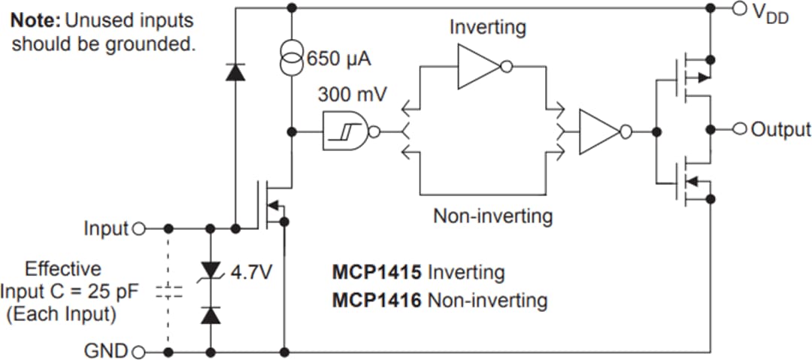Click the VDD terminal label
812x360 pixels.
pos(770,13)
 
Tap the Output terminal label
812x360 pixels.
pos(781,129)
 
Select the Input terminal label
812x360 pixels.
pos(106,228)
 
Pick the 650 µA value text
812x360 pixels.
pos(339,59)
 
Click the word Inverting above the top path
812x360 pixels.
pos(488,28)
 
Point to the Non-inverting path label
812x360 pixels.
pos(492,216)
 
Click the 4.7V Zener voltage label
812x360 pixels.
pos(250,271)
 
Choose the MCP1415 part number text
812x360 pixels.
pos(377,271)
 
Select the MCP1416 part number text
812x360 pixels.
pos(377,301)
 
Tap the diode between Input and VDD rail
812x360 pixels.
pos(235,72)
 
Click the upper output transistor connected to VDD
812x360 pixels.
pos(692,77)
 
